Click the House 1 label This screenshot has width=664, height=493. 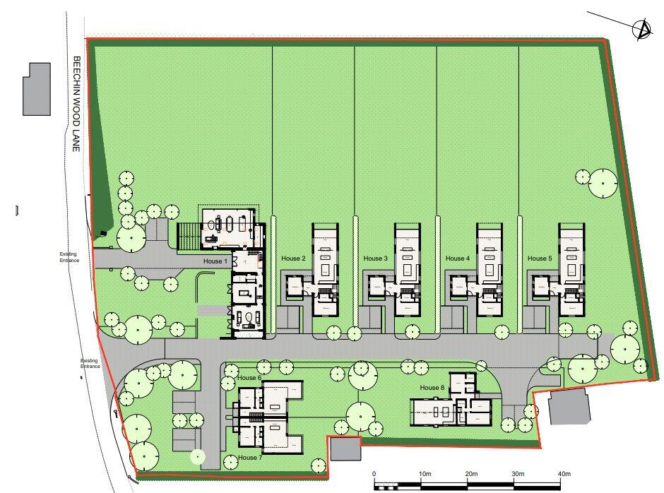(x=216, y=261)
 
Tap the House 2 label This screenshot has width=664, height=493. (x=293, y=259)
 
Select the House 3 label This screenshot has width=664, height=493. (x=375, y=259)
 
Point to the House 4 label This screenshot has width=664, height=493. (x=457, y=259)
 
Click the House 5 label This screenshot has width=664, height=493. (x=539, y=259)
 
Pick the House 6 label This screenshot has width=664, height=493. (x=249, y=378)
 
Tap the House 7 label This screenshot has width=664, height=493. (x=249, y=458)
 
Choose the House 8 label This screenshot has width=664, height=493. (x=432, y=387)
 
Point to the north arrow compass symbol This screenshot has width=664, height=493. (x=642, y=30)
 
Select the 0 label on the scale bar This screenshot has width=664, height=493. (x=374, y=473)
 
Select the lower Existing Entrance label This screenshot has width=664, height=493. (x=90, y=364)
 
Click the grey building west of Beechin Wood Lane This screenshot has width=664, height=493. (x=37, y=89)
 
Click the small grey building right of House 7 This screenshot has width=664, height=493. (x=345, y=449)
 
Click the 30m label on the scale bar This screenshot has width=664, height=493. (x=517, y=473)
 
